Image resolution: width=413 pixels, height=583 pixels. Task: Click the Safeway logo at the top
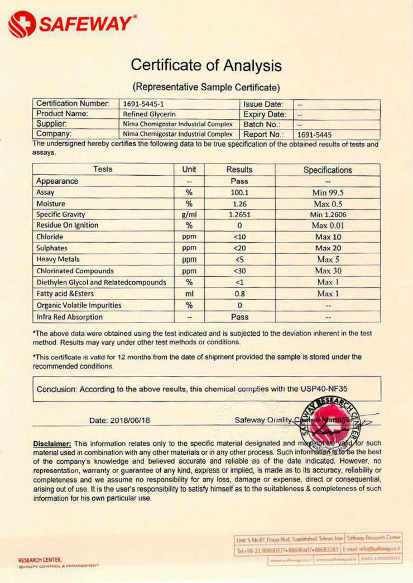(72, 24)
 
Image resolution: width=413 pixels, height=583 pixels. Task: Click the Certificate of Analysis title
(206, 65)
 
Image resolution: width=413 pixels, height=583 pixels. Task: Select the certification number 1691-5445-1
(141, 104)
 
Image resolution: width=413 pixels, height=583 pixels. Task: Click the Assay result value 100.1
(239, 192)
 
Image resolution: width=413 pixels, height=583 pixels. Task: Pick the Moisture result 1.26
(239, 203)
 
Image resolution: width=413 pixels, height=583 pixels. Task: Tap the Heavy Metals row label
(58, 259)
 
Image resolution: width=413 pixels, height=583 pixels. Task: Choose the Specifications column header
(328, 170)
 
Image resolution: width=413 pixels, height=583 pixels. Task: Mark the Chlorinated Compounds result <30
(239, 271)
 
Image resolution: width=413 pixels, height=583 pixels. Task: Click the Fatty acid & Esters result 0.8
(239, 293)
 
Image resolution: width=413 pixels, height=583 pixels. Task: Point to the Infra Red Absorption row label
(69, 317)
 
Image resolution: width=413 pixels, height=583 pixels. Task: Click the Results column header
(239, 170)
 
